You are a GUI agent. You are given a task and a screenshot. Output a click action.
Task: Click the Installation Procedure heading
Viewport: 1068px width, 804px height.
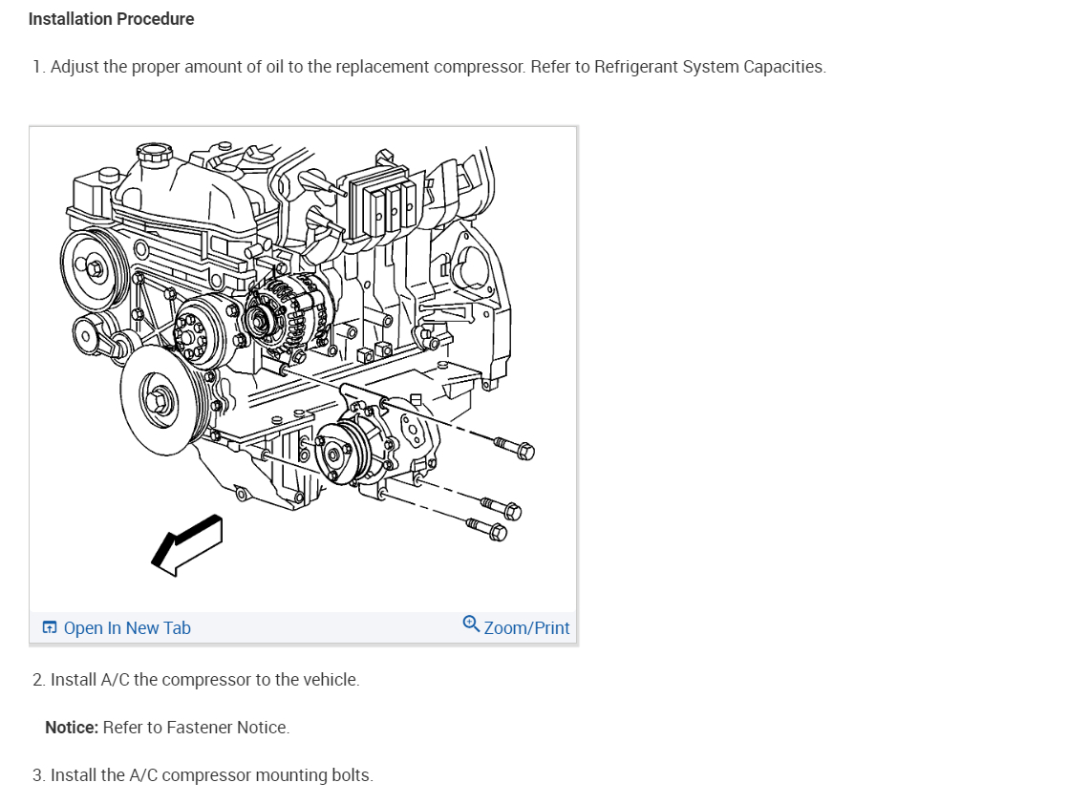[x=111, y=19]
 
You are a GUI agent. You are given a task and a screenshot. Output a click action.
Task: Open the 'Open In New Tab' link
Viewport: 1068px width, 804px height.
[x=126, y=628]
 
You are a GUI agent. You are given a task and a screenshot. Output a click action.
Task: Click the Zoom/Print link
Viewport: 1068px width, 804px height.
[x=526, y=628]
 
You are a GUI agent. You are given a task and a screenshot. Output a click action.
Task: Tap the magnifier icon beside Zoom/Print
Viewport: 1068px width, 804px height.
[x=471, y=624]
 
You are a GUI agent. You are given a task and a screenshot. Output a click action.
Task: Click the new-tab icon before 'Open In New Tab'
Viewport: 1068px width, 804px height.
[x=50, y=628]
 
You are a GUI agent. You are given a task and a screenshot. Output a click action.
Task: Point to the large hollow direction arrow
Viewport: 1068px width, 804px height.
[x=187, y=544]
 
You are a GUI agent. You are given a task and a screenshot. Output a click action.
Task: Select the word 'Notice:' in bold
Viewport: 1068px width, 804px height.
[x=72, y=728]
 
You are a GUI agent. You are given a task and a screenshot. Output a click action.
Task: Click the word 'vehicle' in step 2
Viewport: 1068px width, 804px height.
[x=330, y=680]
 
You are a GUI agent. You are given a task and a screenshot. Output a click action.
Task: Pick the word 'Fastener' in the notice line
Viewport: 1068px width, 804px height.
[x=199, y=728]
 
